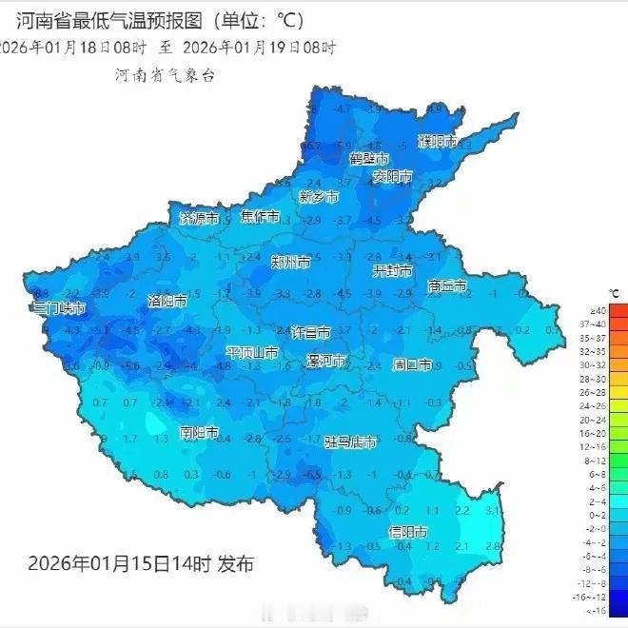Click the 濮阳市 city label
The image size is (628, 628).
(x=438, y=142)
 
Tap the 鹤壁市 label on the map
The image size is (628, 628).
(x=369, y=158)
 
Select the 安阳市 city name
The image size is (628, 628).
(x=392, y=177)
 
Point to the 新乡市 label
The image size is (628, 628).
(x=319, y=197)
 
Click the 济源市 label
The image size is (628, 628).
(x=200, y=218)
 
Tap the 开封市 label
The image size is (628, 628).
(x=392, y=271)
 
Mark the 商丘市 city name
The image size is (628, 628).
(x=447, y=285)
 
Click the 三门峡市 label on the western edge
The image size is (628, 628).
(x=59, y=309)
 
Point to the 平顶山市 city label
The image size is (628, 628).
(x=252, y=353)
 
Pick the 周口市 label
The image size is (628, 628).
(x=413, y=364)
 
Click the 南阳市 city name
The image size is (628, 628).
(x=200, y=433)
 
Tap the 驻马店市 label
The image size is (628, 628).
(x=350, y=442)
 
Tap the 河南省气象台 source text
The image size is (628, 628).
(x=165, y=75)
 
